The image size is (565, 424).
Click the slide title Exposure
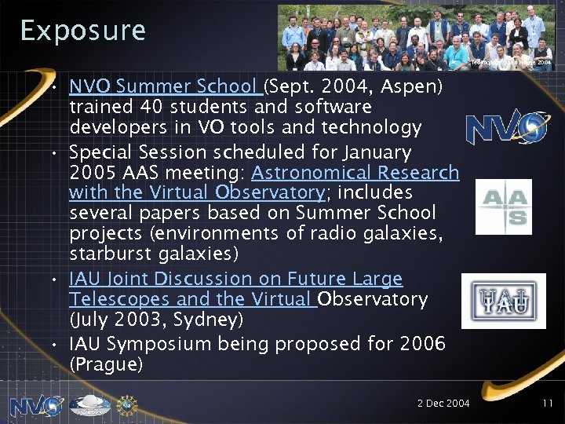click(82, 30)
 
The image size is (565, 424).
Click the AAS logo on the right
click(504, 207)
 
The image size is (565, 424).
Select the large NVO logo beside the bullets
click(506, 127)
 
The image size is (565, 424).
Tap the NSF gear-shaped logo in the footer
click(126, 404)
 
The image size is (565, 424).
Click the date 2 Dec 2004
click(443, 404)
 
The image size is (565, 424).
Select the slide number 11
click(548, 404)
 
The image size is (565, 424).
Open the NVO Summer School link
click(165, 86)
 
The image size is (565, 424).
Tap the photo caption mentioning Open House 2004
click(514, 60)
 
